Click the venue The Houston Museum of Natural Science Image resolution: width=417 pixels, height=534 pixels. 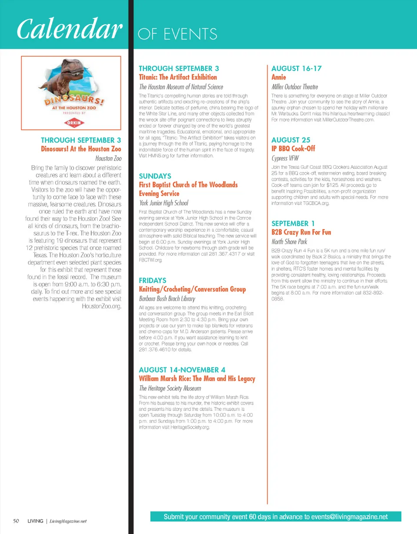(181, 87)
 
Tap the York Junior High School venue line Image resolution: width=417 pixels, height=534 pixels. (164, 203)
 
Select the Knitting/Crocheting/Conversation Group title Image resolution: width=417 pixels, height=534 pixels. (192, 289)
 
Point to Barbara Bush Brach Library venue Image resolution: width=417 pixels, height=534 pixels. (167, 299)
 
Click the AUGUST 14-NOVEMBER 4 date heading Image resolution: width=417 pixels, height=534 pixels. (182, 370)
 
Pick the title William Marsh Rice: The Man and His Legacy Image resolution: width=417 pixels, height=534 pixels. (197, 379)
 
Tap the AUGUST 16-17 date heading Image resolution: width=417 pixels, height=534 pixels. (291, 68)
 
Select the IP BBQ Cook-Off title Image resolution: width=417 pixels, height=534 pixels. (293, 149)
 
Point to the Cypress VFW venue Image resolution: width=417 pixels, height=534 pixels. (285, 158)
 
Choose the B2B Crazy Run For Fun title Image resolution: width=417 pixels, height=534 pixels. (301, 233)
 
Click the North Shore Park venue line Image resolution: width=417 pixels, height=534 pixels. (289, 242)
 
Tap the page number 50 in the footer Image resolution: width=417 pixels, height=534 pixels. (16, 521)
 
